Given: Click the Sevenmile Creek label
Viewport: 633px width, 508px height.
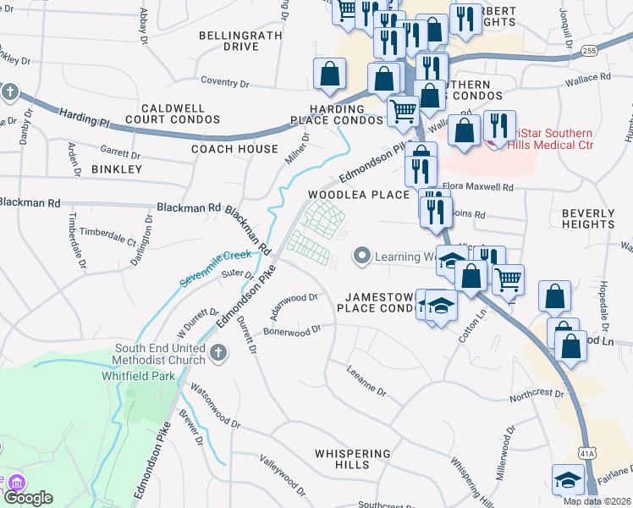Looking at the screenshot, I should coord(215,268).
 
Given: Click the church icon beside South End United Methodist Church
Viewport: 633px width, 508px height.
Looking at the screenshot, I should coord(219,355).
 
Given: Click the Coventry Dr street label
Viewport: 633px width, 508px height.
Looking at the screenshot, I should coord(225,82).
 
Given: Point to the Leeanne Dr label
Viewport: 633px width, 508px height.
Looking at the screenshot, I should coord(366,382).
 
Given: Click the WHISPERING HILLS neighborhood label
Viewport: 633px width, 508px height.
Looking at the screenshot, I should coord(353,460).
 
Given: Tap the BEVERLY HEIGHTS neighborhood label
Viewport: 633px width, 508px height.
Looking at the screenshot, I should coord(587,218).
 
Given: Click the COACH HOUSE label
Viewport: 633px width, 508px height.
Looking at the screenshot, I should coord(234,149).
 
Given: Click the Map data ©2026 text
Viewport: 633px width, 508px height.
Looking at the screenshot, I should coord(596,501).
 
